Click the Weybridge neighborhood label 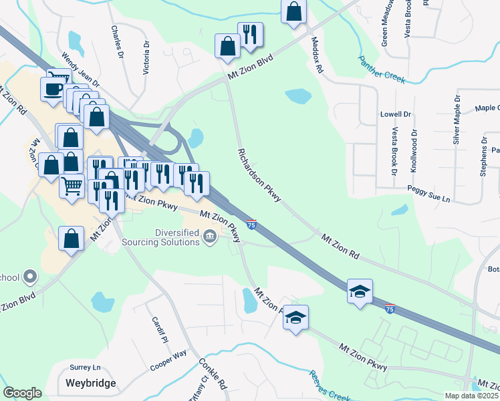(x=91, y=384)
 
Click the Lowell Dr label (x=395, y=115)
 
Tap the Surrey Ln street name (x=85, y=368)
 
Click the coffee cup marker (x=52, y=88)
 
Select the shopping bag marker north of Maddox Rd (x=293, y=11)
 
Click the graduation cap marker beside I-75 (x=360, y=291)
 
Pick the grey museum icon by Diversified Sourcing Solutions (x=210, y=235)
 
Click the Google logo (x=22, y=393)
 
